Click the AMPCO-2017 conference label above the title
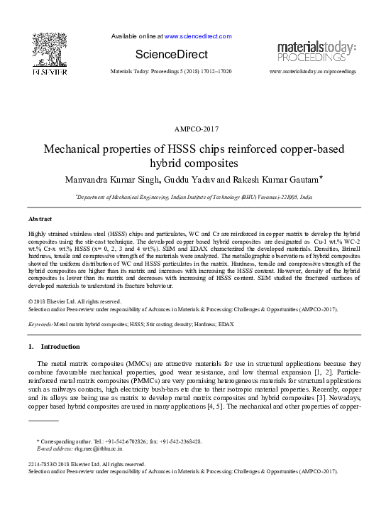pos(193,129)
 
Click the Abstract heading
pos(40,219)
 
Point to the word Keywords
pos(40,323)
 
